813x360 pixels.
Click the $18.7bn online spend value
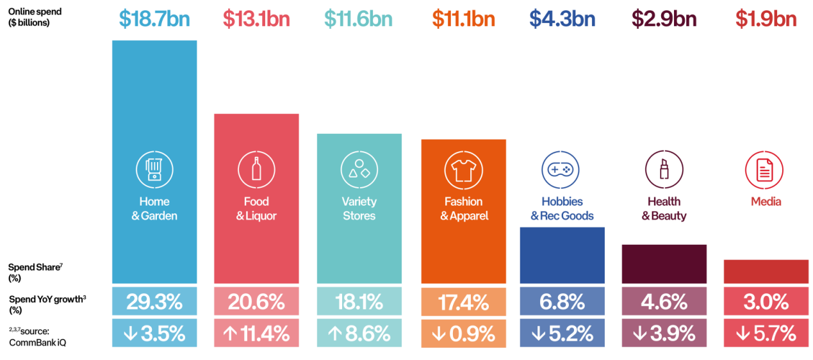point(154,19)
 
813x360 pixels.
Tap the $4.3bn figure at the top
point(562,19)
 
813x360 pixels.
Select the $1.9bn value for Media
point(766,19)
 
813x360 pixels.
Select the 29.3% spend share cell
point(154,301)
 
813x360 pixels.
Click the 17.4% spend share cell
point(463,301)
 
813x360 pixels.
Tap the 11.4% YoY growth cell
point(256,333)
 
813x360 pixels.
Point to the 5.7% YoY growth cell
point(766,333)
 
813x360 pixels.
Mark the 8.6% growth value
point(359,333)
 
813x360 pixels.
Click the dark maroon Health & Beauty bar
point(664,264)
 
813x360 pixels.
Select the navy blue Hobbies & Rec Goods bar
point(562,256)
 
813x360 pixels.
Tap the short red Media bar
point(766,272)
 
